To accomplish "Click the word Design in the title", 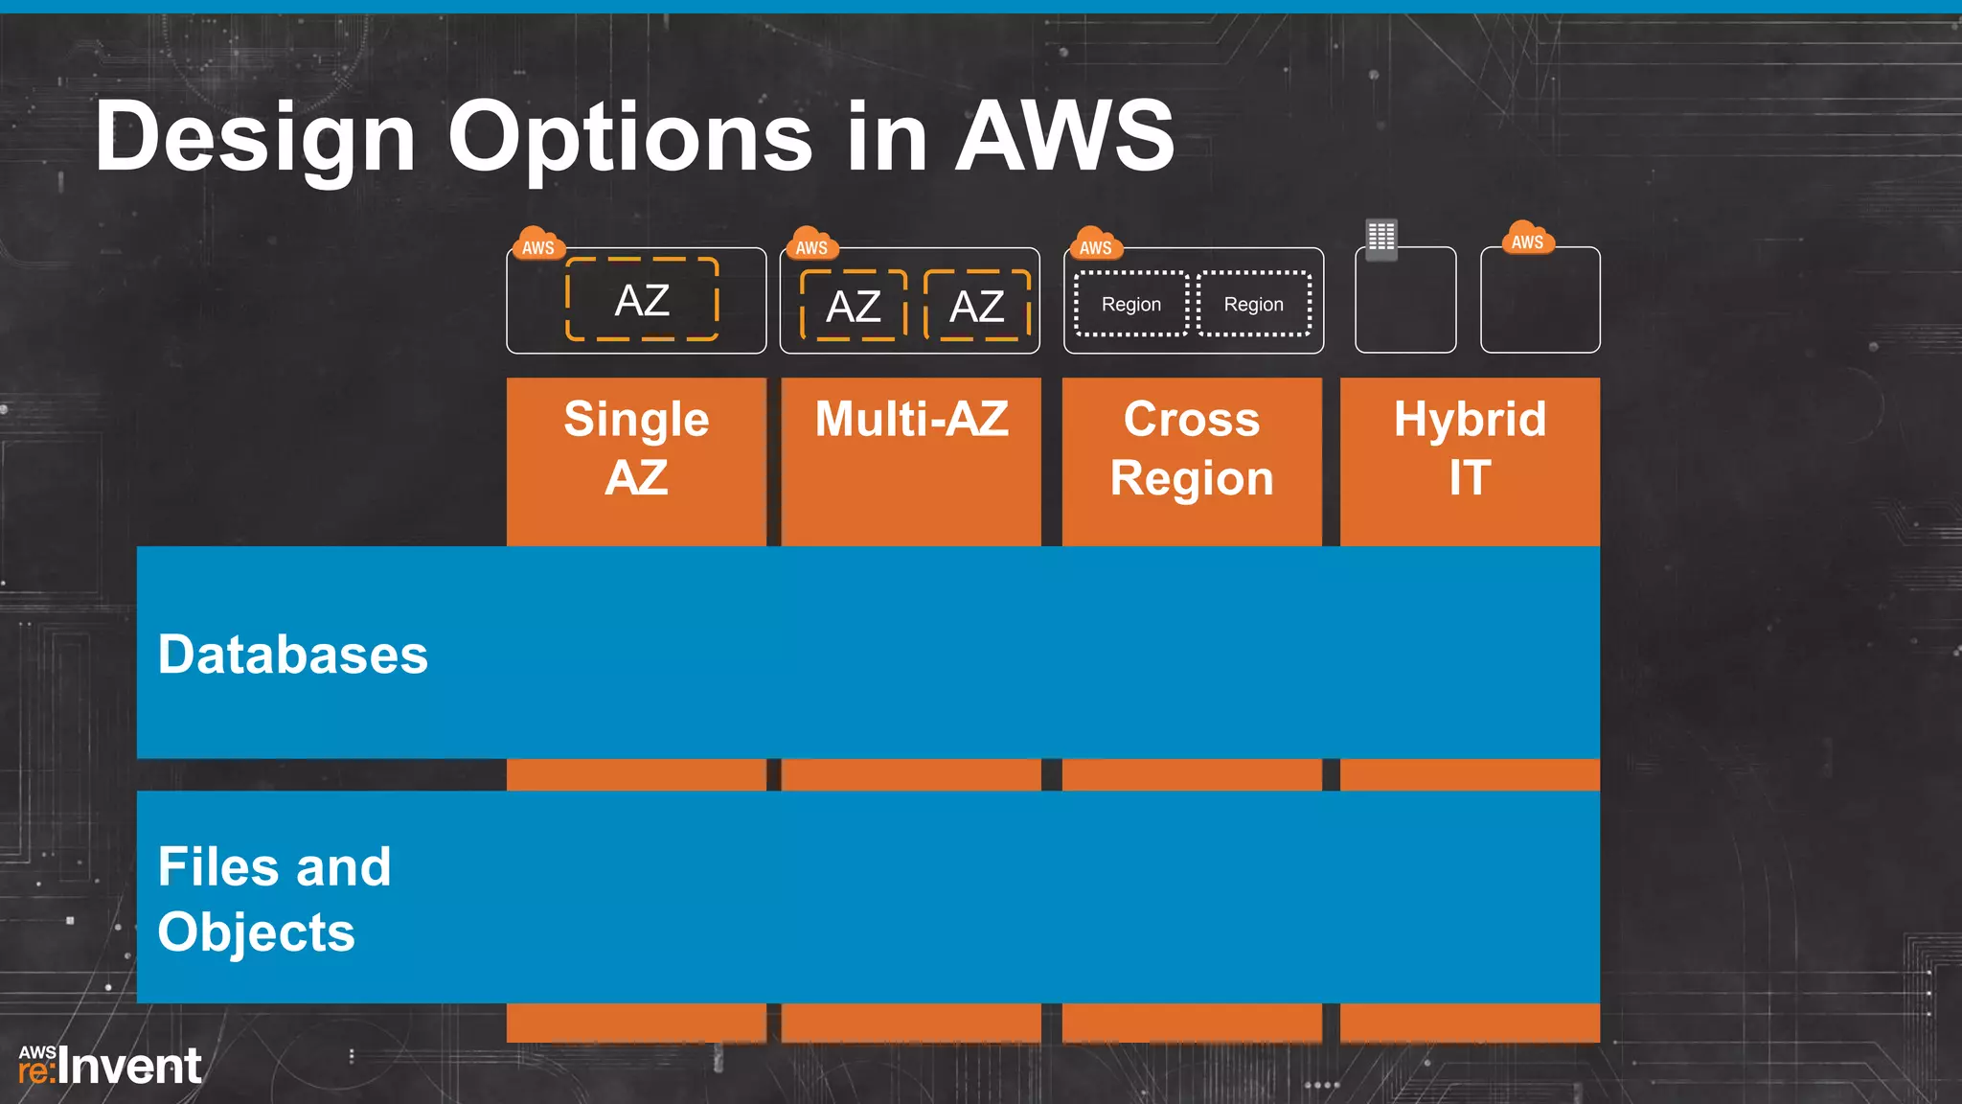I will click(255, 137).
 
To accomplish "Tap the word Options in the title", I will click(630, 137).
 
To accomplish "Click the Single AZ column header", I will click(636, 448).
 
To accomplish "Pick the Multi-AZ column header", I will click(911, 420).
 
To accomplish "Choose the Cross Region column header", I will click(1192, 448).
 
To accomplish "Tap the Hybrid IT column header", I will click(1470, 448).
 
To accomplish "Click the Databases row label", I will click(292, 655).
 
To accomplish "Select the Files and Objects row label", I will click(274, 899).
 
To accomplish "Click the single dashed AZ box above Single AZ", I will click(642, 300).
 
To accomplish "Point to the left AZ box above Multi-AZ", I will click(853, 306).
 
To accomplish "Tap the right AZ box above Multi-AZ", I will click(976, 306).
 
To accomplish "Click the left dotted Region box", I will click(1131, 304).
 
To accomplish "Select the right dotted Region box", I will click(1253, 304).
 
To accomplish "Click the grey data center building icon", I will click(1381, 238).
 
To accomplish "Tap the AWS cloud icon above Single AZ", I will click(537, 244).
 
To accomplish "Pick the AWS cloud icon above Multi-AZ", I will click(811, 244).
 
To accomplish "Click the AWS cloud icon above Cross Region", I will click(1095, 244).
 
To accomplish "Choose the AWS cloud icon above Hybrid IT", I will click(1527, 239).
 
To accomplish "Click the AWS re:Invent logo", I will click(110, 1066).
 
